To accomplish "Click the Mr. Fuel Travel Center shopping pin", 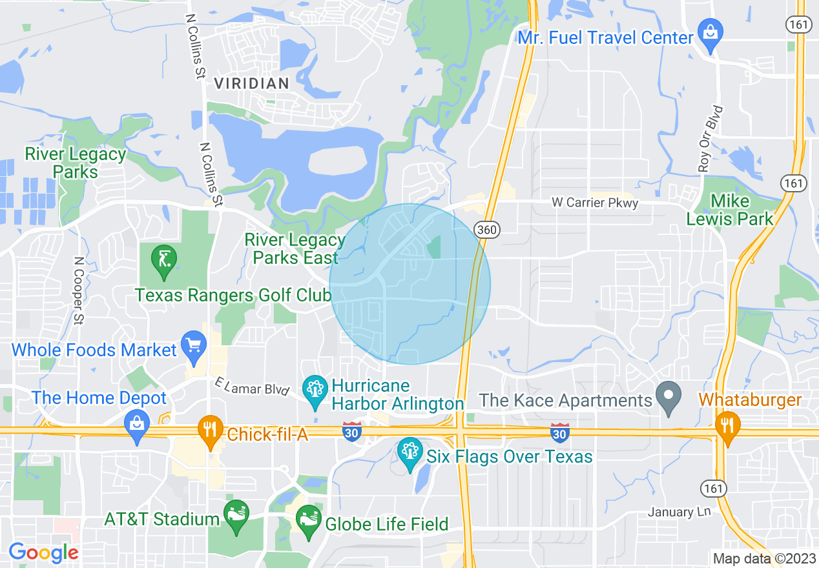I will (x=710, y=33).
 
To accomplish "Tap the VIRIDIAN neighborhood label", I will (x=251, y=83).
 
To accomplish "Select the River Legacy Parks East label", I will (x=295, y=249).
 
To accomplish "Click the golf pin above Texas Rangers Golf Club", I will (x=163, y=260).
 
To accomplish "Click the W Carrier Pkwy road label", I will (x=595, y=203).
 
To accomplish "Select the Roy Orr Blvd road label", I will (x=710, y=138).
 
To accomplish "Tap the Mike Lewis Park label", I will (x=730, y=210).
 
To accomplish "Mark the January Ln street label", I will (x=679, y=512).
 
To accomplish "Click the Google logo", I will (x=43, y=553).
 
